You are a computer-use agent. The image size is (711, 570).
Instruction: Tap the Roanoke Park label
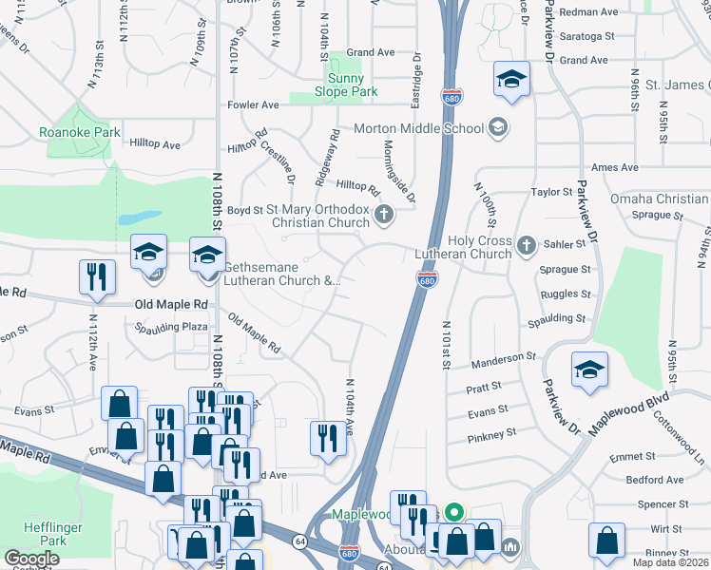[80, 133]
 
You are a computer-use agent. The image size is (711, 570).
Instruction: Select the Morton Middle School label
[419, 128]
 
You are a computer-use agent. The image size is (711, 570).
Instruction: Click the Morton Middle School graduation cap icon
[497, 127]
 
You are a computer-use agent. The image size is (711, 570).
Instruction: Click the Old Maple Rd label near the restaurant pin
[171, 304]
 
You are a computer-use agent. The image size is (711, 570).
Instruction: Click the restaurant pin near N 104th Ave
[328, 438]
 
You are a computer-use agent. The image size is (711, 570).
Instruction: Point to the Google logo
[31, 559]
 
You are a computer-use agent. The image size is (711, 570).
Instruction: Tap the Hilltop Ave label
[157, 144]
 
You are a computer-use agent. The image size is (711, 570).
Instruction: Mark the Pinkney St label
[491, 434]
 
